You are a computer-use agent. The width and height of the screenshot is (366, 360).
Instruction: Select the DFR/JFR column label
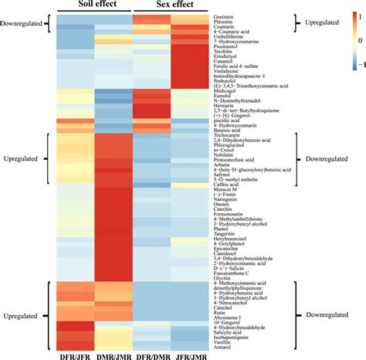coord(75,354)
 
